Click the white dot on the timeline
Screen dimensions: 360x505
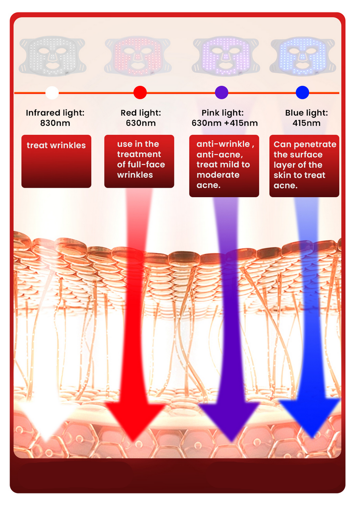coord(52,92)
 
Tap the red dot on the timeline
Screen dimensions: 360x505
coord(140,92)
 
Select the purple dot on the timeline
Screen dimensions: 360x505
coord(221,92)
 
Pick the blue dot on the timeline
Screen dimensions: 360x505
coord(302,92)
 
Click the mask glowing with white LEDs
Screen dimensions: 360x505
coord(52,56)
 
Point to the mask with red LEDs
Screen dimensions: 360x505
coord(137,56)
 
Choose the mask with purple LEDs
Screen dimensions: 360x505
coord(226,56)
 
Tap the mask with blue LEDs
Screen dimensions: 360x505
coord(302,56)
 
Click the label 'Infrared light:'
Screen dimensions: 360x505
coord(55,113)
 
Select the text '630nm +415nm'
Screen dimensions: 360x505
coord(225,123)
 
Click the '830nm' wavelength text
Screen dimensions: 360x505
coord(55,123)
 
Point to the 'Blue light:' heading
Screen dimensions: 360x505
coord(306,113)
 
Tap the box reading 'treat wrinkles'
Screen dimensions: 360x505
coord(56,161)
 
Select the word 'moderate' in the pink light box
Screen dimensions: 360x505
coord(218,175)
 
